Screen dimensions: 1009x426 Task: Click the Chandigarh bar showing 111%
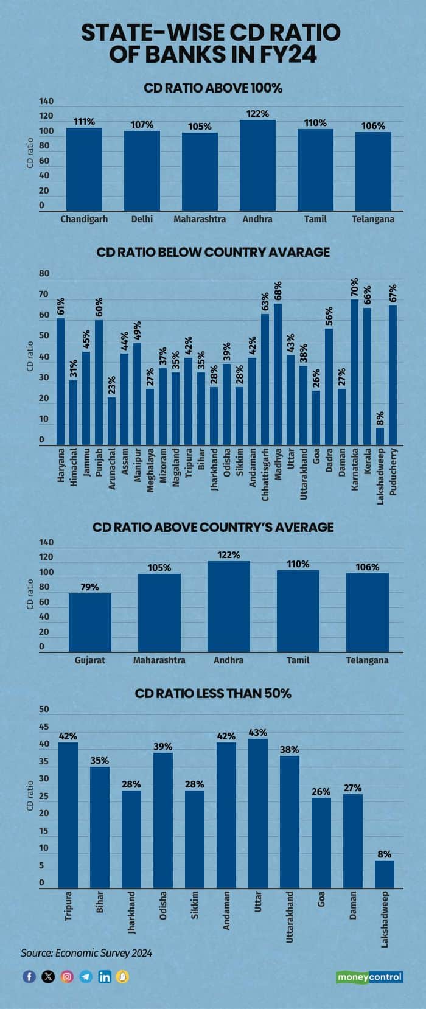[84, 169]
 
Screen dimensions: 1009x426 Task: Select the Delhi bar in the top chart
[142, 170]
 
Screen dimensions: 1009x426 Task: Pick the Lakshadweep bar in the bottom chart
[384, 874]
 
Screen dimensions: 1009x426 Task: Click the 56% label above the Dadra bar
[329, 316]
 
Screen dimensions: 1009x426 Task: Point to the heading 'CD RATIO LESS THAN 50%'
[213, 693]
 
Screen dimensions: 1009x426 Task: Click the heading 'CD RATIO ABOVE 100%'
[213, 88]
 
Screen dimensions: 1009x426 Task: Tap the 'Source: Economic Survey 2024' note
[86, 953]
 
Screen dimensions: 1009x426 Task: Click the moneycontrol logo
[369, 977]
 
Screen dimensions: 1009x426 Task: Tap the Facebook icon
[29, 977]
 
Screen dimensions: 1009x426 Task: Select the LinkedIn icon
[105, 977]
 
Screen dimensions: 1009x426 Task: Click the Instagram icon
[67, 977]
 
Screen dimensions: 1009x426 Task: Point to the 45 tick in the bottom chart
[44, 727]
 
